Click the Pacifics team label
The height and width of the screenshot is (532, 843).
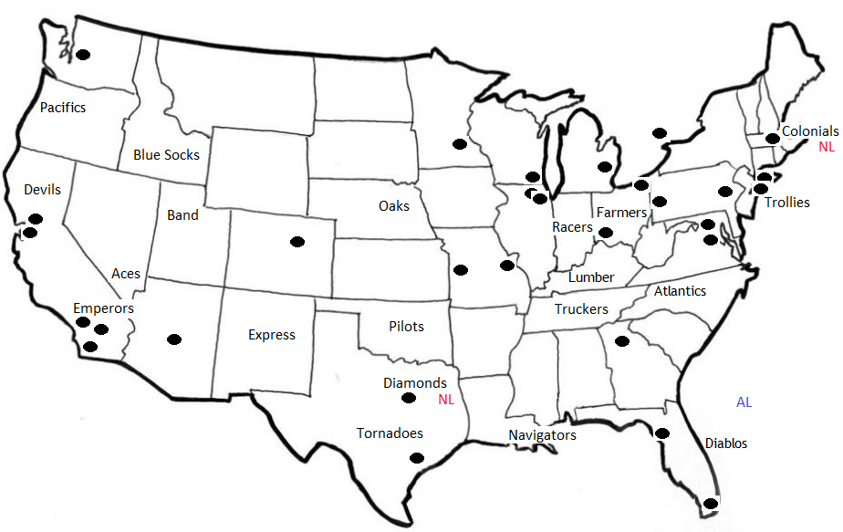63,108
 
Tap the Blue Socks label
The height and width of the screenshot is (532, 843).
166,155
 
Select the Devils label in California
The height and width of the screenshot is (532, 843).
42,190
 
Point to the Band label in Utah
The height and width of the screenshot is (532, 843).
182,215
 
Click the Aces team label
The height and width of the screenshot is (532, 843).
126,274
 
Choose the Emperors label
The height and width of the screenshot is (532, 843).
103,308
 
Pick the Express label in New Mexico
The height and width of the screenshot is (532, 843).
272,335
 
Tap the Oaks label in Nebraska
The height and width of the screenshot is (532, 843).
394,206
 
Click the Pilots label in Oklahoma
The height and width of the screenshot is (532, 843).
406,327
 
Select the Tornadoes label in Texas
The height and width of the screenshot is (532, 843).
390,433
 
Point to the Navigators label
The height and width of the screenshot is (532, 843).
543,435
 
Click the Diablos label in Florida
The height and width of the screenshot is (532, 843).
726,443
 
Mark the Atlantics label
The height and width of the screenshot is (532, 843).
680,291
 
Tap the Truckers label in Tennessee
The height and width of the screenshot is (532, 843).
581,309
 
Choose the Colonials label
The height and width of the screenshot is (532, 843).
810,131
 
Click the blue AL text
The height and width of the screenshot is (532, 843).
744,402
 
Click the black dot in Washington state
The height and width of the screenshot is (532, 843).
83,55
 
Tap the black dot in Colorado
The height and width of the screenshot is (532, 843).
297,241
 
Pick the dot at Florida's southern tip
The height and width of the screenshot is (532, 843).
711,503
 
